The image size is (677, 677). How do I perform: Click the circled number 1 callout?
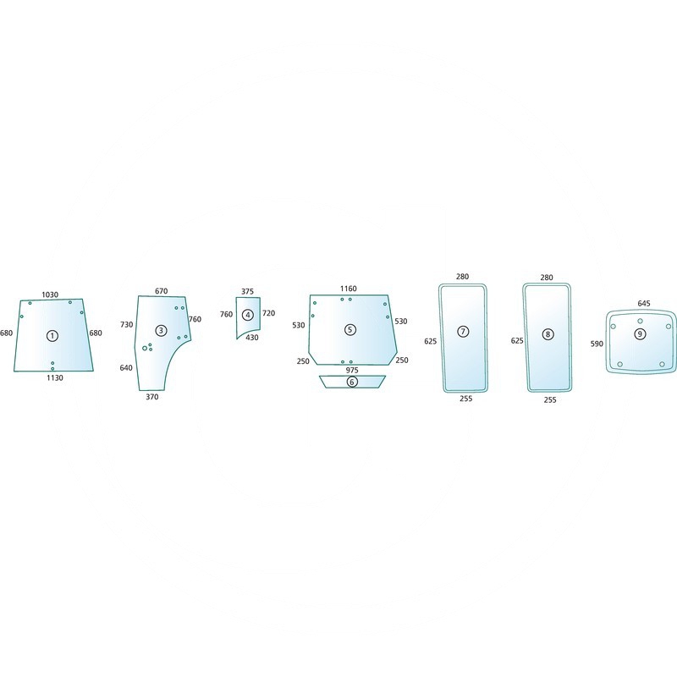tap(52, 335)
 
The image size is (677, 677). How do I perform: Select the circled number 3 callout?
tap(161, 331)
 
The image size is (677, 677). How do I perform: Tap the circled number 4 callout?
tap(248, 315)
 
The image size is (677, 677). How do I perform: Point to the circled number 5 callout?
tap(350, 330)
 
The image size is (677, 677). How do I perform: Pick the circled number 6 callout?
tap(352, 382)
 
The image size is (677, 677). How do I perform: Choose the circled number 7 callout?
tap(463, 332)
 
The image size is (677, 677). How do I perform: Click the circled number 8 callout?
tap(548, 334)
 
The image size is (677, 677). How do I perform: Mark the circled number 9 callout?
tap(640, 333)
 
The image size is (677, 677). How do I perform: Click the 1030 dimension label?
tap(50, 294)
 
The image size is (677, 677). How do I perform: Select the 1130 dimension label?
tap(55, 377)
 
